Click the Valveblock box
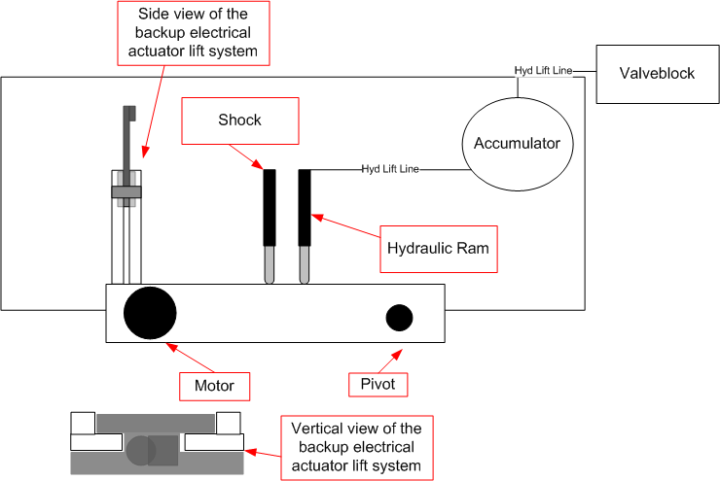[x=657, y=74]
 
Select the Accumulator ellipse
[x=517, y=144]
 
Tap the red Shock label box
[x=240, y=120]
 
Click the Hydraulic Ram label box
[x=437, y=248]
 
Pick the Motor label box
[x=214, y=386]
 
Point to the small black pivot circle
[x=399, y=318]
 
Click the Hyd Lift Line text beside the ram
[x=389, y=169]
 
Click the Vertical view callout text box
[x=355, y=447]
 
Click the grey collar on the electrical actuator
[x=126, y=192]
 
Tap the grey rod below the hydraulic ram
[x=305, y=265]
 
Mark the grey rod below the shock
[x=270, y=265]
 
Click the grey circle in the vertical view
[x=139, y=450]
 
